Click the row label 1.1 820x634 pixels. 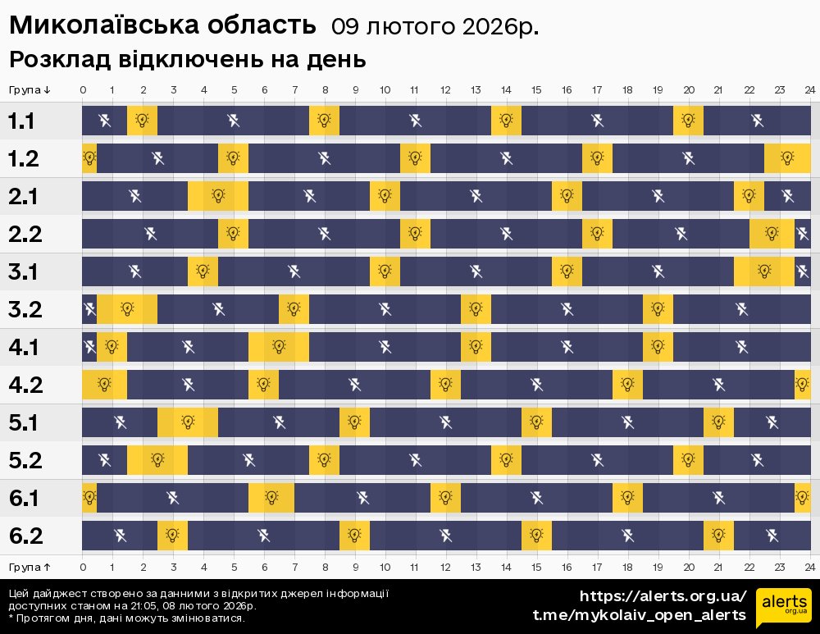[21, 121]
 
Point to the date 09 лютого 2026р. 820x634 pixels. [435, 27]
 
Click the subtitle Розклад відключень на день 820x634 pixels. [187, 61]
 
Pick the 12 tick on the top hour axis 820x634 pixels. [445, 89]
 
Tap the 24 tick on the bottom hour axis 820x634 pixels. [809, 567]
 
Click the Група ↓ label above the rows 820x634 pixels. [30, 89]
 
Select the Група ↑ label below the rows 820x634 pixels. [30, 567]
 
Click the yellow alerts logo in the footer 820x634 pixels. [783, 607]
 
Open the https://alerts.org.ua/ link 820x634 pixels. [663, 596]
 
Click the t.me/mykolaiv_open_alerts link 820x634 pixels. [639, 615]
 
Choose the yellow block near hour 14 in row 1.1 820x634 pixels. [506, 121]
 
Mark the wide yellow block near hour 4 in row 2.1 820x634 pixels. [218, 196]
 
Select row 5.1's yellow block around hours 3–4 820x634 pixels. [188, 422]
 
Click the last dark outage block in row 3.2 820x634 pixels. [741, 309]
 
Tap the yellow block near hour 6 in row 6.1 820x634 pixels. [271, 498]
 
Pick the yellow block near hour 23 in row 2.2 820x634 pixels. [772, 234]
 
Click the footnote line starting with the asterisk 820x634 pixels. [126, 618]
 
